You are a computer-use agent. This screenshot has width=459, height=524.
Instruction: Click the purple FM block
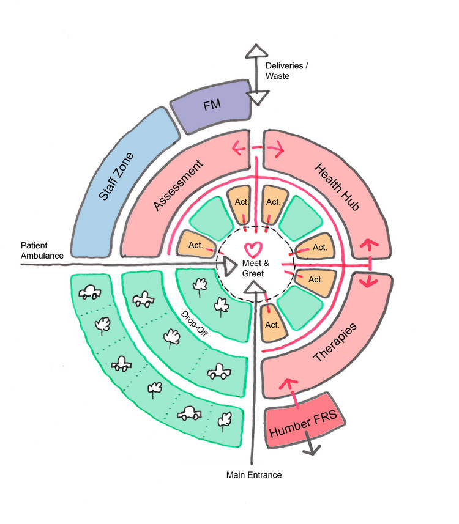(211, 106)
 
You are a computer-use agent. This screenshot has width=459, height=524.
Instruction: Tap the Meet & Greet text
(252, 268)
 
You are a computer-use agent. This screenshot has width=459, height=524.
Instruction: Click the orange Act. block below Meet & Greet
(272, 322)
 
